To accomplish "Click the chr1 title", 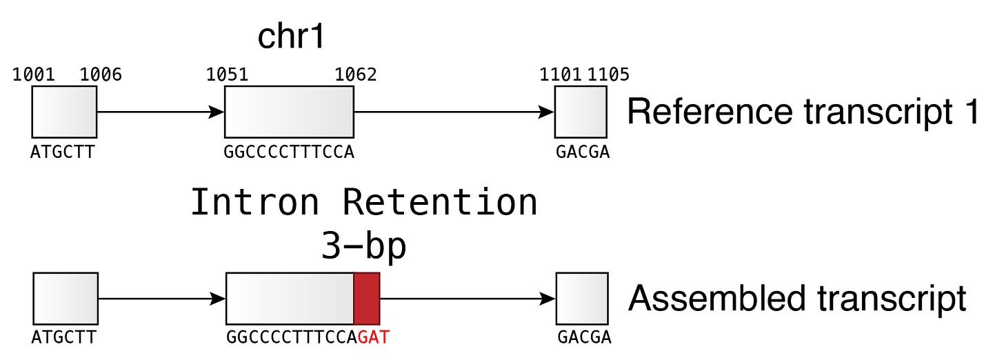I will (x=290, y=37).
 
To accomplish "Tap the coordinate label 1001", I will (x=34, y=74).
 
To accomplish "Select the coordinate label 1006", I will (x=101, y=74).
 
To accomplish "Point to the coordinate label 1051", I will (x=228, y=74).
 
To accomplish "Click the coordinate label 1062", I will (x=356, y=74).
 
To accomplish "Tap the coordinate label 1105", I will (x=608, y=74).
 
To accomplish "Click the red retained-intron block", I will (x=367, y=299).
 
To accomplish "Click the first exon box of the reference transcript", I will (x=63, y=112).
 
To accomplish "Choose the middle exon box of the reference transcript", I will (x=289, y=112).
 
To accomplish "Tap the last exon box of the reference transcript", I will (x=581, y=112).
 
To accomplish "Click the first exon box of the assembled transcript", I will (x=66, y=299).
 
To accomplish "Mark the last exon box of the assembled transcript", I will (x=582, y=299).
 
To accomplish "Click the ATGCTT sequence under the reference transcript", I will (x=62, y=152).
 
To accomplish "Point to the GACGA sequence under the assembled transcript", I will (x=583, y=339).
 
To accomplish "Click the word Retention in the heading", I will (x=440, y=203).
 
